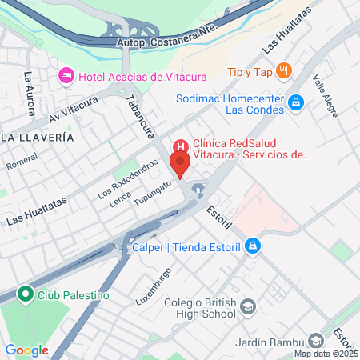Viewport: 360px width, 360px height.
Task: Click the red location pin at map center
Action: tap(180, 166)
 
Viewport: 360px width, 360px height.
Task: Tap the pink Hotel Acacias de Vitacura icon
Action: tap(66, 76)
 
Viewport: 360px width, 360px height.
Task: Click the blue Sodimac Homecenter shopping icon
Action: tap(296, 102)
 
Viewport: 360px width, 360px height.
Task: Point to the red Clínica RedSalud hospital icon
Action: tap(181, 146)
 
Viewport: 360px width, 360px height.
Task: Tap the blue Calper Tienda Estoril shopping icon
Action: tap(253, 246)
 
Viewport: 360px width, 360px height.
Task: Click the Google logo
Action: tap(26, 350)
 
